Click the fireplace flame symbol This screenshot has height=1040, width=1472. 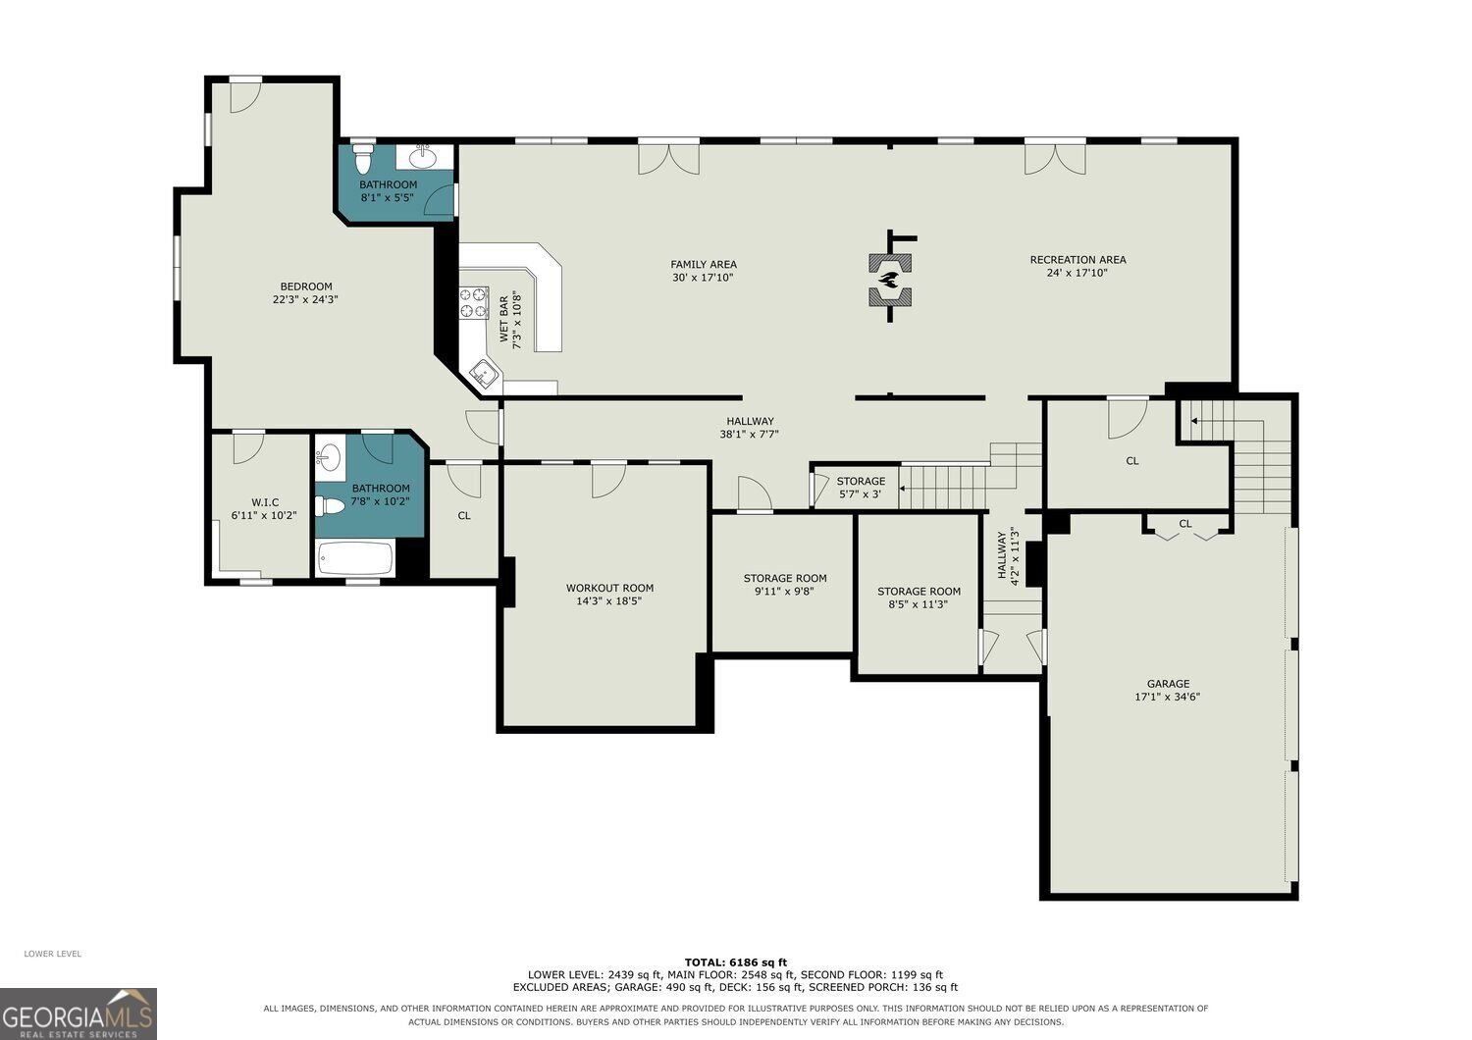(890, 280)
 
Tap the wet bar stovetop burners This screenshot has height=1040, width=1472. (473, 303)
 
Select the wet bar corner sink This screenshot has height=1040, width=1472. (485, 375)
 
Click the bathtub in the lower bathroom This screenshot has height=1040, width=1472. (355, 558)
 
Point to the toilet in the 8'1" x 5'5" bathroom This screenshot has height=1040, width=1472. (362, 158)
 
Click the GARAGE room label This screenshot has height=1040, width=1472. (1168, 683)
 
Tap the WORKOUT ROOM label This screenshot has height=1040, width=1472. (609, 588)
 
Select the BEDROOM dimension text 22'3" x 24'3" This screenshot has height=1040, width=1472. (305, 299)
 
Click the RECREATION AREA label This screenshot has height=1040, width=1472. (1078, 259)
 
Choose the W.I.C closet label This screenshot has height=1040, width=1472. (265, 502)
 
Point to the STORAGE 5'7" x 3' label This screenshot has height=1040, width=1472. (861, 488)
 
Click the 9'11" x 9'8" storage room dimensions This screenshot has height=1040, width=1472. (785, 592)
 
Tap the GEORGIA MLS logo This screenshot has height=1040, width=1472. (79, 1014)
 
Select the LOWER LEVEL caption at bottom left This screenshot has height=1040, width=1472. (53, 954)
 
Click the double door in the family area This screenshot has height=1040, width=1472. (668, 158)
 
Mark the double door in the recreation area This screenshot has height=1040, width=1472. (1055, 158)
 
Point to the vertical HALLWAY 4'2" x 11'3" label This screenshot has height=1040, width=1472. (1008, 555)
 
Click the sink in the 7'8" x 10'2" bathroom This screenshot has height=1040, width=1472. (329, 454)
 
